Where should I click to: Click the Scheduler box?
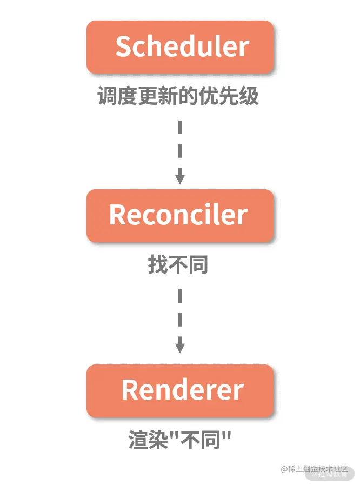pyautogui.click(x=180, y=47)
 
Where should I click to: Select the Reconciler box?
pyautogui.click(x=180, y=215)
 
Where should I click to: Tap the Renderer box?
pyautogui.click(x=180, y=390)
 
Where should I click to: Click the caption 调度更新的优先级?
pyautogui.click(x=178, y=96)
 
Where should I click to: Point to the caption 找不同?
pyautogui.click(x=178, y=265)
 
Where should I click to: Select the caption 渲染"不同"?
pyautogui.click(x=179, y=439)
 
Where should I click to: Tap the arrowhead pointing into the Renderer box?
pyautogui.click(x=180, y=347)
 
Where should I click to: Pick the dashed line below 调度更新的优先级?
pyautogui.click(x=180, y=143)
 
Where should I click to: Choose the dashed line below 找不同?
pyautogui.click(x=180, y=313)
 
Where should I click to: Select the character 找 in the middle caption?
pyautogui.click(x=157, y=265)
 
